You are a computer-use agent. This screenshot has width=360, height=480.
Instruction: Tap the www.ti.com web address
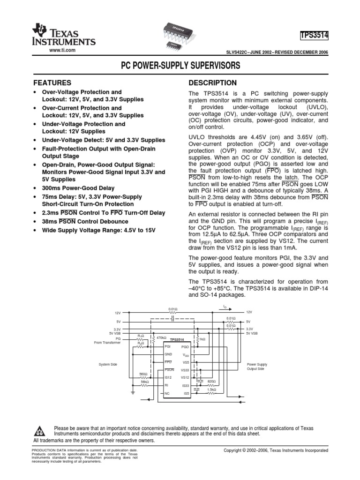pyautogui.click(x=62, y=50)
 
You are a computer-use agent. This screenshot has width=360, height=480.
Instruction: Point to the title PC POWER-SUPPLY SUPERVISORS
pyautogui.click(x=180, y=66)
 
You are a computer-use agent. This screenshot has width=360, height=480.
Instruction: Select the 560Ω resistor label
pyautogui.click(x=143, y=374)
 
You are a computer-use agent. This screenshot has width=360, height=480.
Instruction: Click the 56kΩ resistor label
pyautogui.click(x=144, y=382)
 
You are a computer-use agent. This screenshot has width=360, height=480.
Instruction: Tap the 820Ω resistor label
pyautogui.click(x=211, y=381)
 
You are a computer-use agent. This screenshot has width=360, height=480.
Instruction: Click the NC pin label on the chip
pyautogui.click(x=167, y=393)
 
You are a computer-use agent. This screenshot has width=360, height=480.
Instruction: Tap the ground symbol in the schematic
pyautogui.click(x=134, y=393)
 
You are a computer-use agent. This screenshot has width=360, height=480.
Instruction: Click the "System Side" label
pyautogui.click(x=107, y=364)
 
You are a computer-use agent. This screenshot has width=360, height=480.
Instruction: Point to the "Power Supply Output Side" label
pyautogui.click(x=257, y=366)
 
